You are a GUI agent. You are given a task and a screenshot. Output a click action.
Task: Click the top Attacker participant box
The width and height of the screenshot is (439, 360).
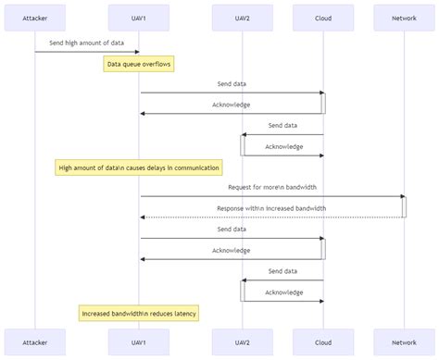35,17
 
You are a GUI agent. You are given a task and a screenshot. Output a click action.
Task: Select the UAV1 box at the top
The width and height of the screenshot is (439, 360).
140,17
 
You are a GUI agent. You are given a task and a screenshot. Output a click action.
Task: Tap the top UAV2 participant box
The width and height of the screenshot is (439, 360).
243,17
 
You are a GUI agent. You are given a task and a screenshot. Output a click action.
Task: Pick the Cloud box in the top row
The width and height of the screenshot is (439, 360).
323,17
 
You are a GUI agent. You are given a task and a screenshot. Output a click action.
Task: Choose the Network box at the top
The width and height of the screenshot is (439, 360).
404,17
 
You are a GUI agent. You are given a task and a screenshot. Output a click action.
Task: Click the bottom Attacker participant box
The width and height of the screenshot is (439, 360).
35,341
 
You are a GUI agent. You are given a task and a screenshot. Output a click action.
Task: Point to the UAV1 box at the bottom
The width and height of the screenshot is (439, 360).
140,341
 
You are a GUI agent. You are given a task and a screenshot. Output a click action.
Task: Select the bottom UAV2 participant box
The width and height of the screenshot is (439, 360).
243,341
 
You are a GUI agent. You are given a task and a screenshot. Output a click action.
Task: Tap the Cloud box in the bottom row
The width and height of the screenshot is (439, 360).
323,341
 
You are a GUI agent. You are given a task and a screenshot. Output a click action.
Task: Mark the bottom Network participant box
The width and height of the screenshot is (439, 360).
404,341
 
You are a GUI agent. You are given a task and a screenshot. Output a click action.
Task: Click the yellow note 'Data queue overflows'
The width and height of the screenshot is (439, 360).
139,64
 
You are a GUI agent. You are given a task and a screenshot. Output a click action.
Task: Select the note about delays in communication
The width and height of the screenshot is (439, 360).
139,168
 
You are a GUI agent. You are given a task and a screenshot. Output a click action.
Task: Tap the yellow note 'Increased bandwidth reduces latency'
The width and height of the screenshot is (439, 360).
139,313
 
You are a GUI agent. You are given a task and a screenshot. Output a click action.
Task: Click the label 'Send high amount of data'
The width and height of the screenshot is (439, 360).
87,43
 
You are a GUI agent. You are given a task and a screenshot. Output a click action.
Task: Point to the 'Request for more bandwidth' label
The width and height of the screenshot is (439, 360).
272,187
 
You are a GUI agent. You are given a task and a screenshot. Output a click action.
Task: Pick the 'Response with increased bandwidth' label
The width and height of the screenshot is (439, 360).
272,208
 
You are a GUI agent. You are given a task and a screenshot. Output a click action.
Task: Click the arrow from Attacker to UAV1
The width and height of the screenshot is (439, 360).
87,52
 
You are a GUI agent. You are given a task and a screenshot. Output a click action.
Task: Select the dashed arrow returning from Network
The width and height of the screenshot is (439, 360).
272,217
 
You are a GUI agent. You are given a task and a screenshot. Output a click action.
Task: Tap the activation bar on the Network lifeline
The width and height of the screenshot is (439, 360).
404,206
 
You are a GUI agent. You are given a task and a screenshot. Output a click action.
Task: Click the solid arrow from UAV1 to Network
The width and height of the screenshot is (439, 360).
272,196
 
